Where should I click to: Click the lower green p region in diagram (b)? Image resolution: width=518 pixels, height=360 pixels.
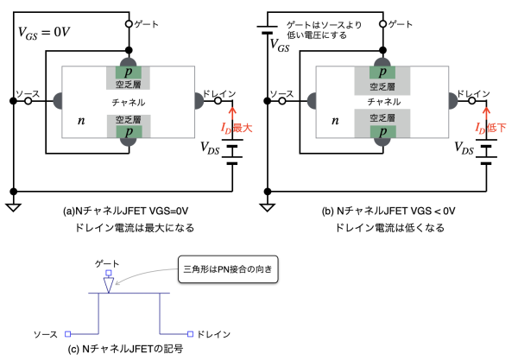[377, 134]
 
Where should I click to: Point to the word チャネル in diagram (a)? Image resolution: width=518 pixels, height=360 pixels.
[129, 103]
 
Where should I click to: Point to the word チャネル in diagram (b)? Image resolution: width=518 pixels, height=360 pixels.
[377, 103]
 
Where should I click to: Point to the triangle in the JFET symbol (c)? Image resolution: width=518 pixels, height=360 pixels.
[107, 282]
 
